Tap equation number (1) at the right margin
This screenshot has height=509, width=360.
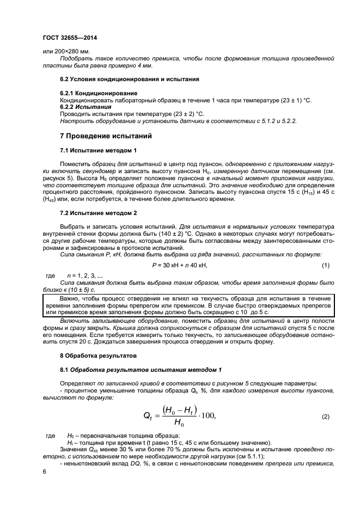pos(326,265)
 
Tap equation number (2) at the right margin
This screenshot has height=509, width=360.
pos(326,416)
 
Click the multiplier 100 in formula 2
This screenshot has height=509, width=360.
pos(208,416)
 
